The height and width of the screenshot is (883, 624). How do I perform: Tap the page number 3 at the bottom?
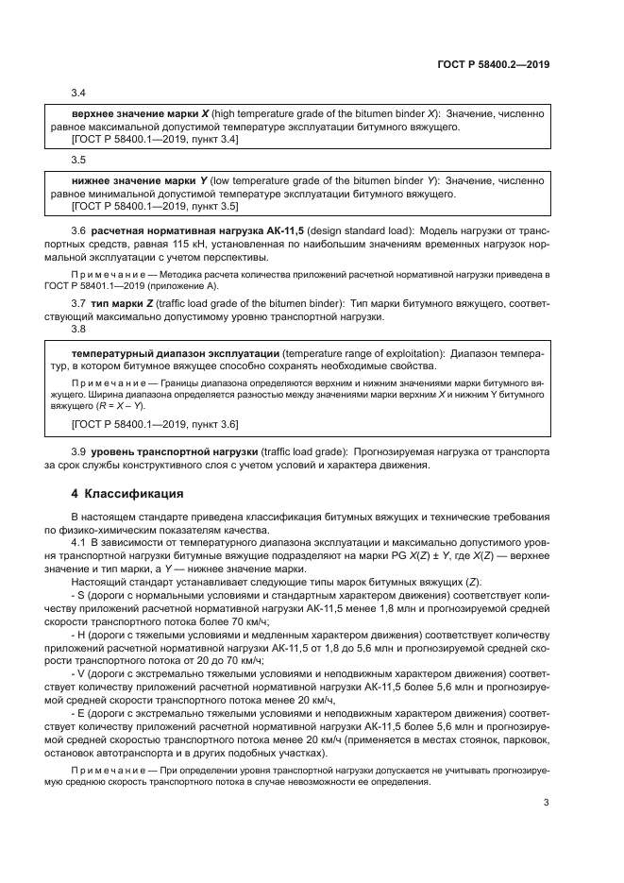point(547,803)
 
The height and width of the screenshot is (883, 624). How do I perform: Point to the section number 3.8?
point(79,330)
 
